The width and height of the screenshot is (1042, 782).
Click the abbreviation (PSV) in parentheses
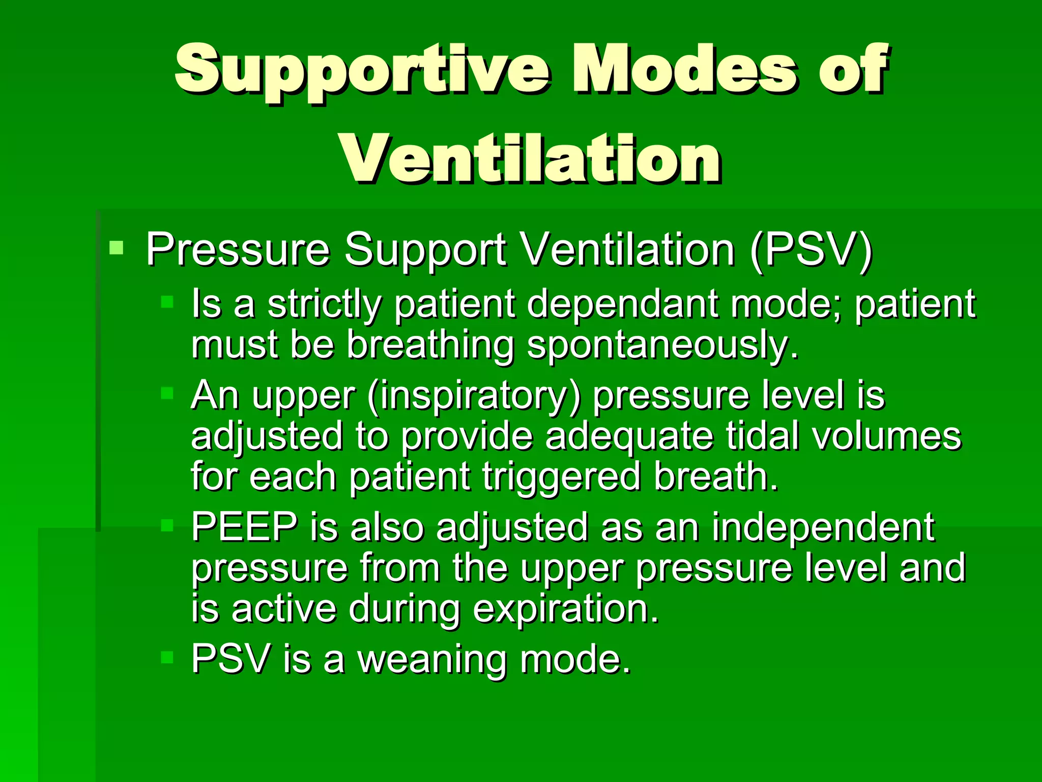pos(811,249)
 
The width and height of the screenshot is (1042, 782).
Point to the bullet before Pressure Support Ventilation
pos(117,248)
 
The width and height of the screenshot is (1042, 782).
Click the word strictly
pos(324,304)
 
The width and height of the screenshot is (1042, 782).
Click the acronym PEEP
pos(244,527)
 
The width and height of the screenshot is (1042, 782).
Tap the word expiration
pos(565,609)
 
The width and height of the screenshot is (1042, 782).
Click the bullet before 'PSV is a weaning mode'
pos(167,657)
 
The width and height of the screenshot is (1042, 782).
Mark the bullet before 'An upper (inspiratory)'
pos(167,393)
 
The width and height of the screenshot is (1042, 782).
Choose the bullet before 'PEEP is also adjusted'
pos(167,525)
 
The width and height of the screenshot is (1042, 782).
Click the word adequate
pos(629,437)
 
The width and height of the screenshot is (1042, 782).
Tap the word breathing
pos(430,345)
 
